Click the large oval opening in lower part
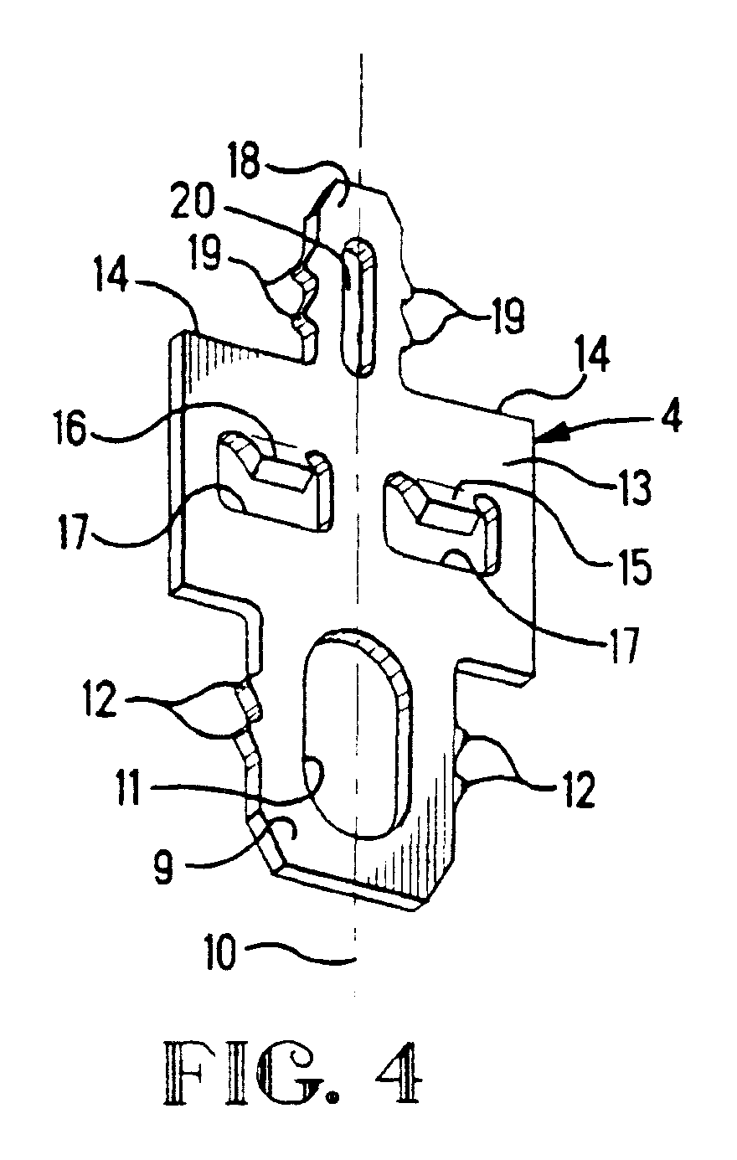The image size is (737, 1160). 356,737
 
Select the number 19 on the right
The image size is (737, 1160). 505,317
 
